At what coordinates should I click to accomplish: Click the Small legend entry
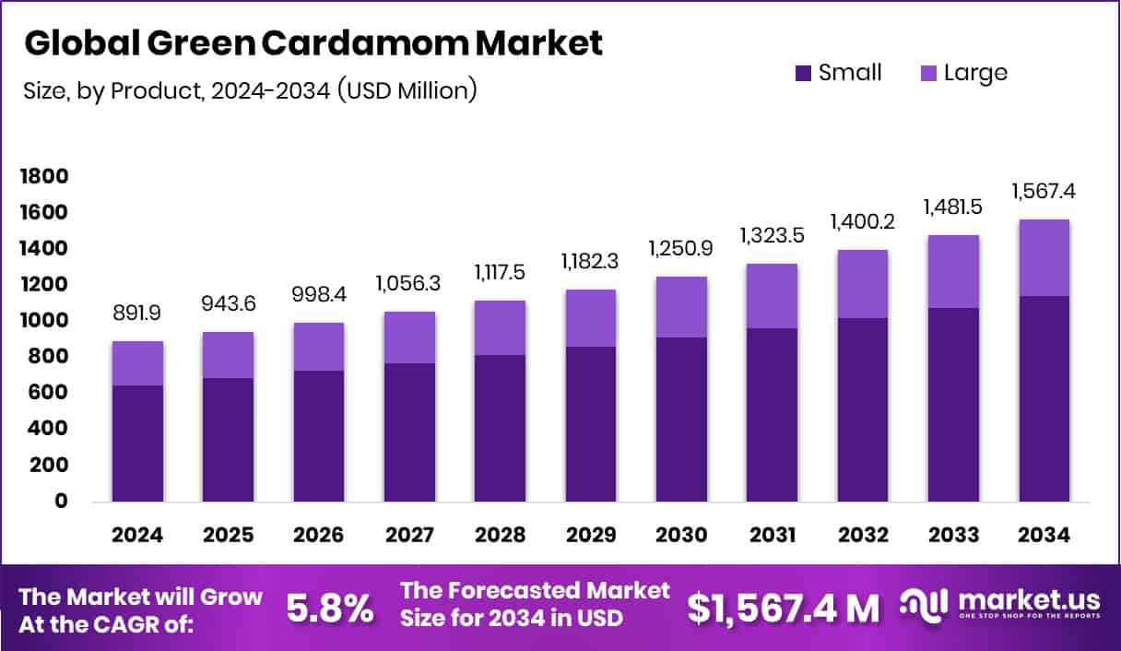[x=838, y=73]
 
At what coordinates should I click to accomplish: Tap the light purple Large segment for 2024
[x=137, y=363]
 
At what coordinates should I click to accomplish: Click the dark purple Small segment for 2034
[x=1044, y=398]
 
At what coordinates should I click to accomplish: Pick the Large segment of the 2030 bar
[x=682, y=307]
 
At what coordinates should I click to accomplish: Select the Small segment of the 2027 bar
[x=409, y=432]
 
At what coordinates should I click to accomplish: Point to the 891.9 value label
[x=137, y=314]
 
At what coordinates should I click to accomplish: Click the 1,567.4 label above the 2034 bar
[x=1044, y=192]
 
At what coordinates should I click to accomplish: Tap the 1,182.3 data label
[x=591, y=262]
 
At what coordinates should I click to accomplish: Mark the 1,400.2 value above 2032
[x=863, y=221]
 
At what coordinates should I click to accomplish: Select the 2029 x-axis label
[x=591, y=536]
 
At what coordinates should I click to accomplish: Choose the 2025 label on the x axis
[x=228, y=536]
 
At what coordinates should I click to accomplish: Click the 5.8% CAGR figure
[x=330, y=608]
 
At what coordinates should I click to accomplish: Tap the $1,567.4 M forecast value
[x=783, y=608]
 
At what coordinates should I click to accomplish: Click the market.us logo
[x=1000, y=604]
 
